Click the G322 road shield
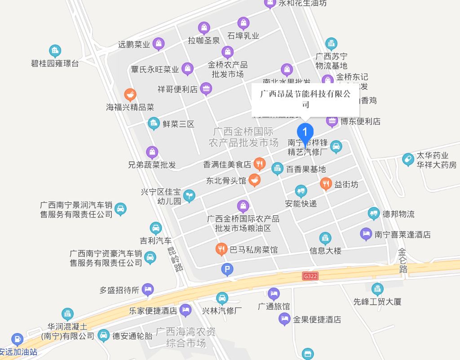[310, 276]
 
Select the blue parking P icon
[228, 270]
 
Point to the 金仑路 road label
[402, 260]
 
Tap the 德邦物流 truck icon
[373, 213]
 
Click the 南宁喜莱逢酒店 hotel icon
[366, 234]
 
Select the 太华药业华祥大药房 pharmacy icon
[407, 160]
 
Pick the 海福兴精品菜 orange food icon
[130, 95]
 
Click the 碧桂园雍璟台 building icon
[55, 50]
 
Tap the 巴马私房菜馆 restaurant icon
[221, 249]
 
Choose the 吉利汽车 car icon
[155, 228]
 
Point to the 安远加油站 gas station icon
[17, 338]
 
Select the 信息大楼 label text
[325, 250]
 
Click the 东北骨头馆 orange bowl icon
[254, 180]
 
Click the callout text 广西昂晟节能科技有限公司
[305, 99]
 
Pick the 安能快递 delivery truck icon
[301, 191]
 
